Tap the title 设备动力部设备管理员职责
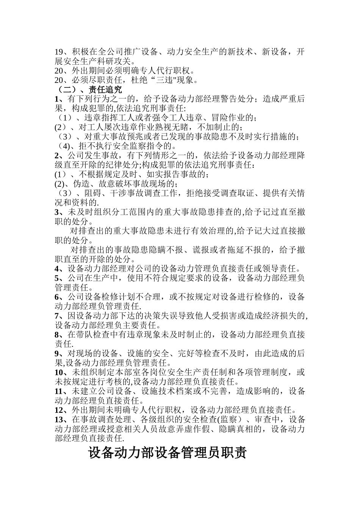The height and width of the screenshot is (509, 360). (x=167, y=453)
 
